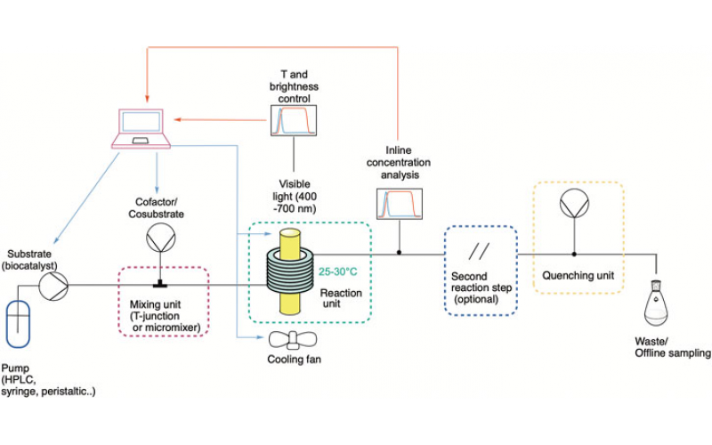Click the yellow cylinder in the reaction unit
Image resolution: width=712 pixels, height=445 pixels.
click(x=291, y=271)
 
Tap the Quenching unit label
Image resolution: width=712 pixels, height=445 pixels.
click(x=578, y=275)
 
